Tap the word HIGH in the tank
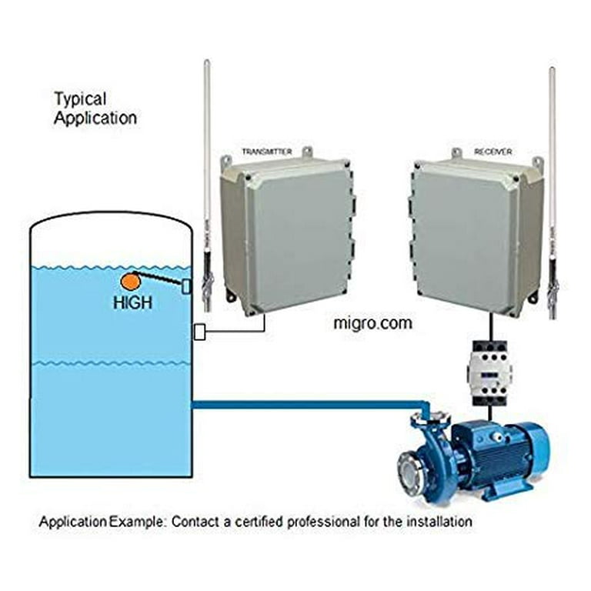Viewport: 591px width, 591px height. pos(132,303)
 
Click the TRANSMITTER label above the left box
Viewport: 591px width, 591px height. pos(266,152)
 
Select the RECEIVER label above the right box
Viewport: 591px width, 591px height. pos(492,152)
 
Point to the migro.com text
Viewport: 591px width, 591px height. pos(372,323)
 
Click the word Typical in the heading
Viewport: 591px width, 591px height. pos(80,99)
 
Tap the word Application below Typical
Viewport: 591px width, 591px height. pos(95,118)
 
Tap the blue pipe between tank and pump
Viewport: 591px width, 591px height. pos(308,403)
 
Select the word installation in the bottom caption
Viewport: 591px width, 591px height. pos(436,522)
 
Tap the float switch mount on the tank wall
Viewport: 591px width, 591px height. pos(186,287)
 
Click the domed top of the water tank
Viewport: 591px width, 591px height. pos(109,224)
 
